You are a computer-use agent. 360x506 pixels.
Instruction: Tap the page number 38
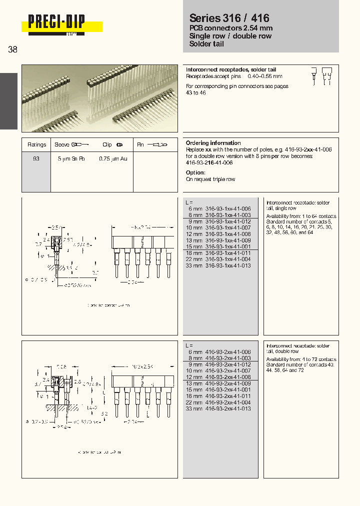pyautogui.click(x=12, y=49)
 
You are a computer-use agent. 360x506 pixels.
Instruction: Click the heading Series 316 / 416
pyautogui.click(x=229, y=17)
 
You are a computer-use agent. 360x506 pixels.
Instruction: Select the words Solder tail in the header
pyautogui.click(x=206, y=44)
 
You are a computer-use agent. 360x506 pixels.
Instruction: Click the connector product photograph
pyautogui.click(x=99, y=98)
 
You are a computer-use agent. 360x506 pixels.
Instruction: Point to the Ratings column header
pyautogui.click(x=36, y=144)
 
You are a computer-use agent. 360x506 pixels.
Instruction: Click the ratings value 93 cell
pyautogui.click(x=36, y=158)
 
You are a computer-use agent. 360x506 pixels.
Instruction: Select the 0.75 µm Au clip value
pyautogui.click(x=113, y=158)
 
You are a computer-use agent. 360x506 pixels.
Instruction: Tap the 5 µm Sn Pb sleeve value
pyautogui.click(x=71, y=158)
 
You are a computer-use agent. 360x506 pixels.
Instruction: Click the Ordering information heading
pyautogui.click(x=213, y=143)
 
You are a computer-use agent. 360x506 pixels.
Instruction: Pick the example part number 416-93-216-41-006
pyautogui.click(x=209, y=163)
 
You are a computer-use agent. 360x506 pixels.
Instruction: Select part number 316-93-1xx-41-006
pyautogui.click(x=228, y=208)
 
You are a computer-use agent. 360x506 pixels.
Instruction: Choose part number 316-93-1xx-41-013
pyautogui.click(x=228, y=265)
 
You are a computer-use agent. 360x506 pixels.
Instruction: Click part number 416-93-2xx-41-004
pyautogui.click(x=228, y=402)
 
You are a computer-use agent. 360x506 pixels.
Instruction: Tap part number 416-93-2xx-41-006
pyautogui.click(x=228, y=352)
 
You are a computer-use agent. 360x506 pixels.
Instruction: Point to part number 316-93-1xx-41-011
pyautogui.click(x=228, y=253)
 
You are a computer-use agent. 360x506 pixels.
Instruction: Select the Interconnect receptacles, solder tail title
pyautogui.click(x=230, y=69)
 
